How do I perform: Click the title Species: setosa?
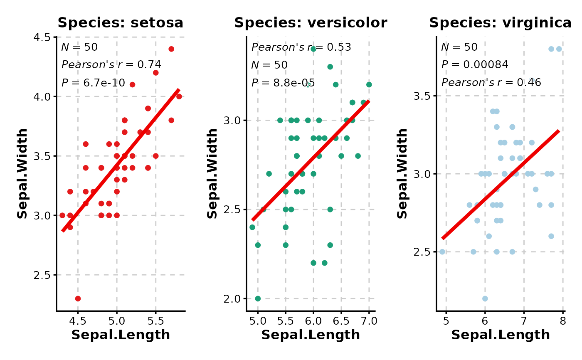point(120,23)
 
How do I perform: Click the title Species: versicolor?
point(311,23)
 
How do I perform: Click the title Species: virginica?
point(501,23)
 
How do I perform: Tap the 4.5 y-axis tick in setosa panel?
point(42,37)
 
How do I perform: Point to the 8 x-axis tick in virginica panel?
point(563,321)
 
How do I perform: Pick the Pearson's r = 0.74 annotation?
point(111,65)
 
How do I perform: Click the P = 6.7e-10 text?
point(93,83)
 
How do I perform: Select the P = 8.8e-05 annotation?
point(283,83)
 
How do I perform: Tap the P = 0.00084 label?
point(474,65)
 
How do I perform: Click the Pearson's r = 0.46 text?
point(491,83)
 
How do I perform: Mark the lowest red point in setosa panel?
point(78,298)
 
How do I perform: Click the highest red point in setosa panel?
point(171,49)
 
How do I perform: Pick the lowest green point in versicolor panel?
point(258,298)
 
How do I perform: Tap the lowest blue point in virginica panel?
point(485,298)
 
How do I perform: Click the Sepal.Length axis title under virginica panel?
point(501,335)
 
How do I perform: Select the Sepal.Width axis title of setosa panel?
point(22,173)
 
